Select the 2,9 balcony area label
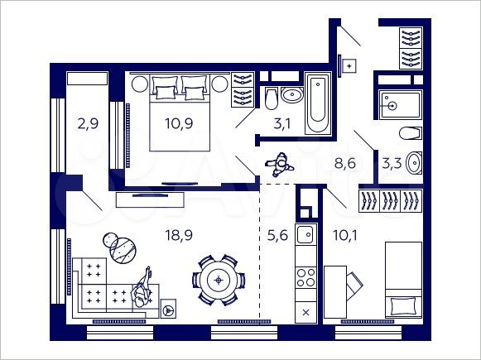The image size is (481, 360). [x=87, y=126]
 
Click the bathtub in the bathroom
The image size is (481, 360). [x=317, y=103]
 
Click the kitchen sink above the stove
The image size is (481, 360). [x=305, y=233]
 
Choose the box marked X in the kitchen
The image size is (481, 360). [x=306, y=312]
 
